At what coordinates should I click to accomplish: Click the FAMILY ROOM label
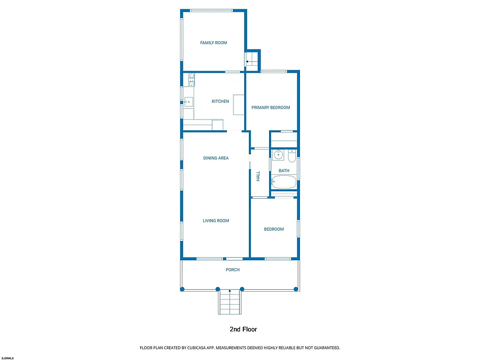(213, 43)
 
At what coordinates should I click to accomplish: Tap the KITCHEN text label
(220, 101)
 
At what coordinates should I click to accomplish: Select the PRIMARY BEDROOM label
(270, 107)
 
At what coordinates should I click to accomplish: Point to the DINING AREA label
(216, 158)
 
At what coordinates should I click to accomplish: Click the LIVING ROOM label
(216, 221)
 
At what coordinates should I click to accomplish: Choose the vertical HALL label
(258, 176)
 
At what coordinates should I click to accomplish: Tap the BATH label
(284, 171)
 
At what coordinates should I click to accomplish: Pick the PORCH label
(232, 270)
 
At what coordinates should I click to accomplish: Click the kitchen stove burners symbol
(192, 80)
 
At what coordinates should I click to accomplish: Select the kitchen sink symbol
(188, 101)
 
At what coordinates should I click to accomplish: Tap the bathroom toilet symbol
(292, 155)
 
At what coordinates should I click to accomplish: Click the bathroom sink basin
(278, 155)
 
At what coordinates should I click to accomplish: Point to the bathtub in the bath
(284, 182)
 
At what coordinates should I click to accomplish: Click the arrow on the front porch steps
(230, 292)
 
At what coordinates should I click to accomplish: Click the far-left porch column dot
(183, 289)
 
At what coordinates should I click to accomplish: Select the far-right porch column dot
(296, 289)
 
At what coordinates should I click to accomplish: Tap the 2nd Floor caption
(243, 330)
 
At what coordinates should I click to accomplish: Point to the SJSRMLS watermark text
(7, 358)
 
